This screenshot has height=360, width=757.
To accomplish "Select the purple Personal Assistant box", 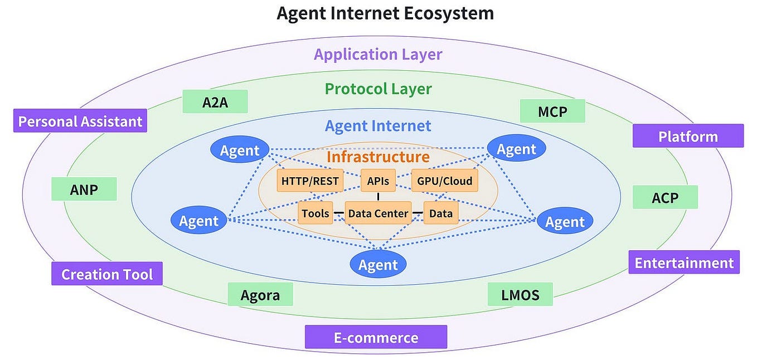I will pyautogui.click(x=80, y=121).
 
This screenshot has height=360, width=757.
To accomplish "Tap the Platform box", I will pyautogui.click(x=688, y=136).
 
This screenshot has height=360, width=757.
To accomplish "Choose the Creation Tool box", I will pyautogui.click(x=107, y=274).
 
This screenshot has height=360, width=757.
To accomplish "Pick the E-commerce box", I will pyautogui.click(x=376, y=337).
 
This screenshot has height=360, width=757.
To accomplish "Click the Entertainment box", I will pyautogui.click(x=684, y=262).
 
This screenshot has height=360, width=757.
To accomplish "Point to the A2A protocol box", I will pyautogui.click(x=215, y=102).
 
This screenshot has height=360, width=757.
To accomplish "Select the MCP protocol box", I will pyautogui.click(x=552, y=111).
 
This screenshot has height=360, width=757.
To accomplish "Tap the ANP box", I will pyautogui.click(x=84, y=189).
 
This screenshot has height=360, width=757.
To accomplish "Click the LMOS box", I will pyautogui.click(x=520, y=294).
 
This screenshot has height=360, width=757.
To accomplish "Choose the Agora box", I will pyautogui.click(x=260, y=294).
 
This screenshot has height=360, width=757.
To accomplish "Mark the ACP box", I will pyautogui.click(x=665, y=197).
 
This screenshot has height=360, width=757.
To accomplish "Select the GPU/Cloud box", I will pyautogui.click(x=444, y=181).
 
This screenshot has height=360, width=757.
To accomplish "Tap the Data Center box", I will pyautogui.click(x=378, y=213).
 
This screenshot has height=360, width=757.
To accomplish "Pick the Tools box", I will pyautogui.click(x=316, y=213).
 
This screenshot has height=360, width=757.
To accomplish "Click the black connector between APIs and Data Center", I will pyautogui.click(x=378, y=197).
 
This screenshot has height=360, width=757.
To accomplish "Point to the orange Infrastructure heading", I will pyautogui.click(x=378, y=157).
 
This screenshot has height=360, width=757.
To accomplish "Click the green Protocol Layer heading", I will pyautogui.click(x=378, y=89).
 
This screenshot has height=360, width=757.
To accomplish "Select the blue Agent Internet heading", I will pyautogui.click(x=378, y=126).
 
